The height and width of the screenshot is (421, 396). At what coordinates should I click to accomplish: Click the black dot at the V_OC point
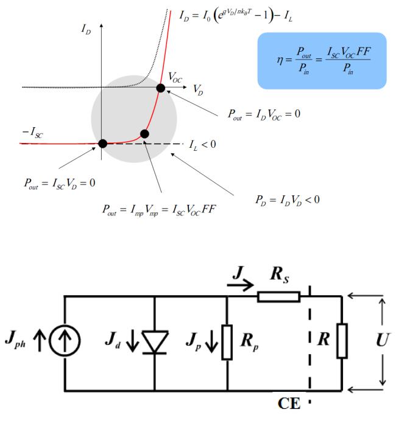click(160, 88)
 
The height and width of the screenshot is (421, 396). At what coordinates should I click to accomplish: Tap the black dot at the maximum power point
click(144, 134)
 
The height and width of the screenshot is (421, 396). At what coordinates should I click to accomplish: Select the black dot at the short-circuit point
click(103, 144)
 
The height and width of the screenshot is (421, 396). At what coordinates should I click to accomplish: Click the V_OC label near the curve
click(175, 78)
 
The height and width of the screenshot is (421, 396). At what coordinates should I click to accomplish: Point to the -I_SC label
click(32, 133)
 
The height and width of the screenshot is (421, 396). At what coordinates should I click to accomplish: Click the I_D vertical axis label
click(86, 29)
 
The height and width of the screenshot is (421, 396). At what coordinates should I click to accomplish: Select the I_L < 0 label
click(202, 145)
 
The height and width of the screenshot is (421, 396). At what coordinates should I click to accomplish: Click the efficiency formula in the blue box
click(324, 60)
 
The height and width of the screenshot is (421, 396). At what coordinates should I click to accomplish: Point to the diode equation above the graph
click(236, 16)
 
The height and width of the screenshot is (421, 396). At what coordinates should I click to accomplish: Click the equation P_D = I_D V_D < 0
click(288, 200)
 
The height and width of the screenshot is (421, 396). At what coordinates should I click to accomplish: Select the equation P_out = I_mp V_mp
click(159, 210)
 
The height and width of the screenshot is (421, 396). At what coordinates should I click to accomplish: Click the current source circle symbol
click(65, 341)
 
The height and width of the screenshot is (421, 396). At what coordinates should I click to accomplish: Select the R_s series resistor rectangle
click(279, 297)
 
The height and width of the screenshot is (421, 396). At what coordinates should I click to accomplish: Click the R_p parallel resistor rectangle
click(227, 342)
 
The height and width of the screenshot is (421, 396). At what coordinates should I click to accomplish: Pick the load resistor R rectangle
click(342, 341)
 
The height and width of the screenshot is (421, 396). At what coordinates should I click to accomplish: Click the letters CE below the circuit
click(289, 403)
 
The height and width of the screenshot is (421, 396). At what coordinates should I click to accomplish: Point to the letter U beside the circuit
click(383, 340)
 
